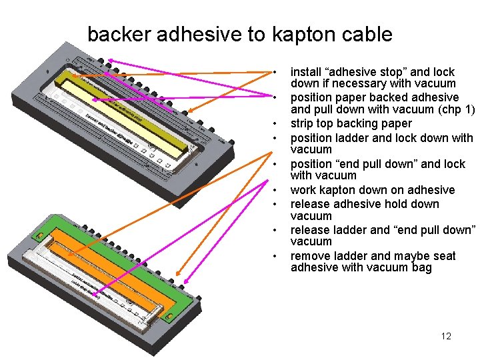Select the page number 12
point(446,336)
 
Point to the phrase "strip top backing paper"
point(351,123)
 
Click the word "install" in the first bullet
point(305,71)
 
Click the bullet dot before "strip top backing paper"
point(274,123)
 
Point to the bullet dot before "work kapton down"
point(274,190)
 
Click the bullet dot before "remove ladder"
point(274,256)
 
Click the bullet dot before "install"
point(274,71)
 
